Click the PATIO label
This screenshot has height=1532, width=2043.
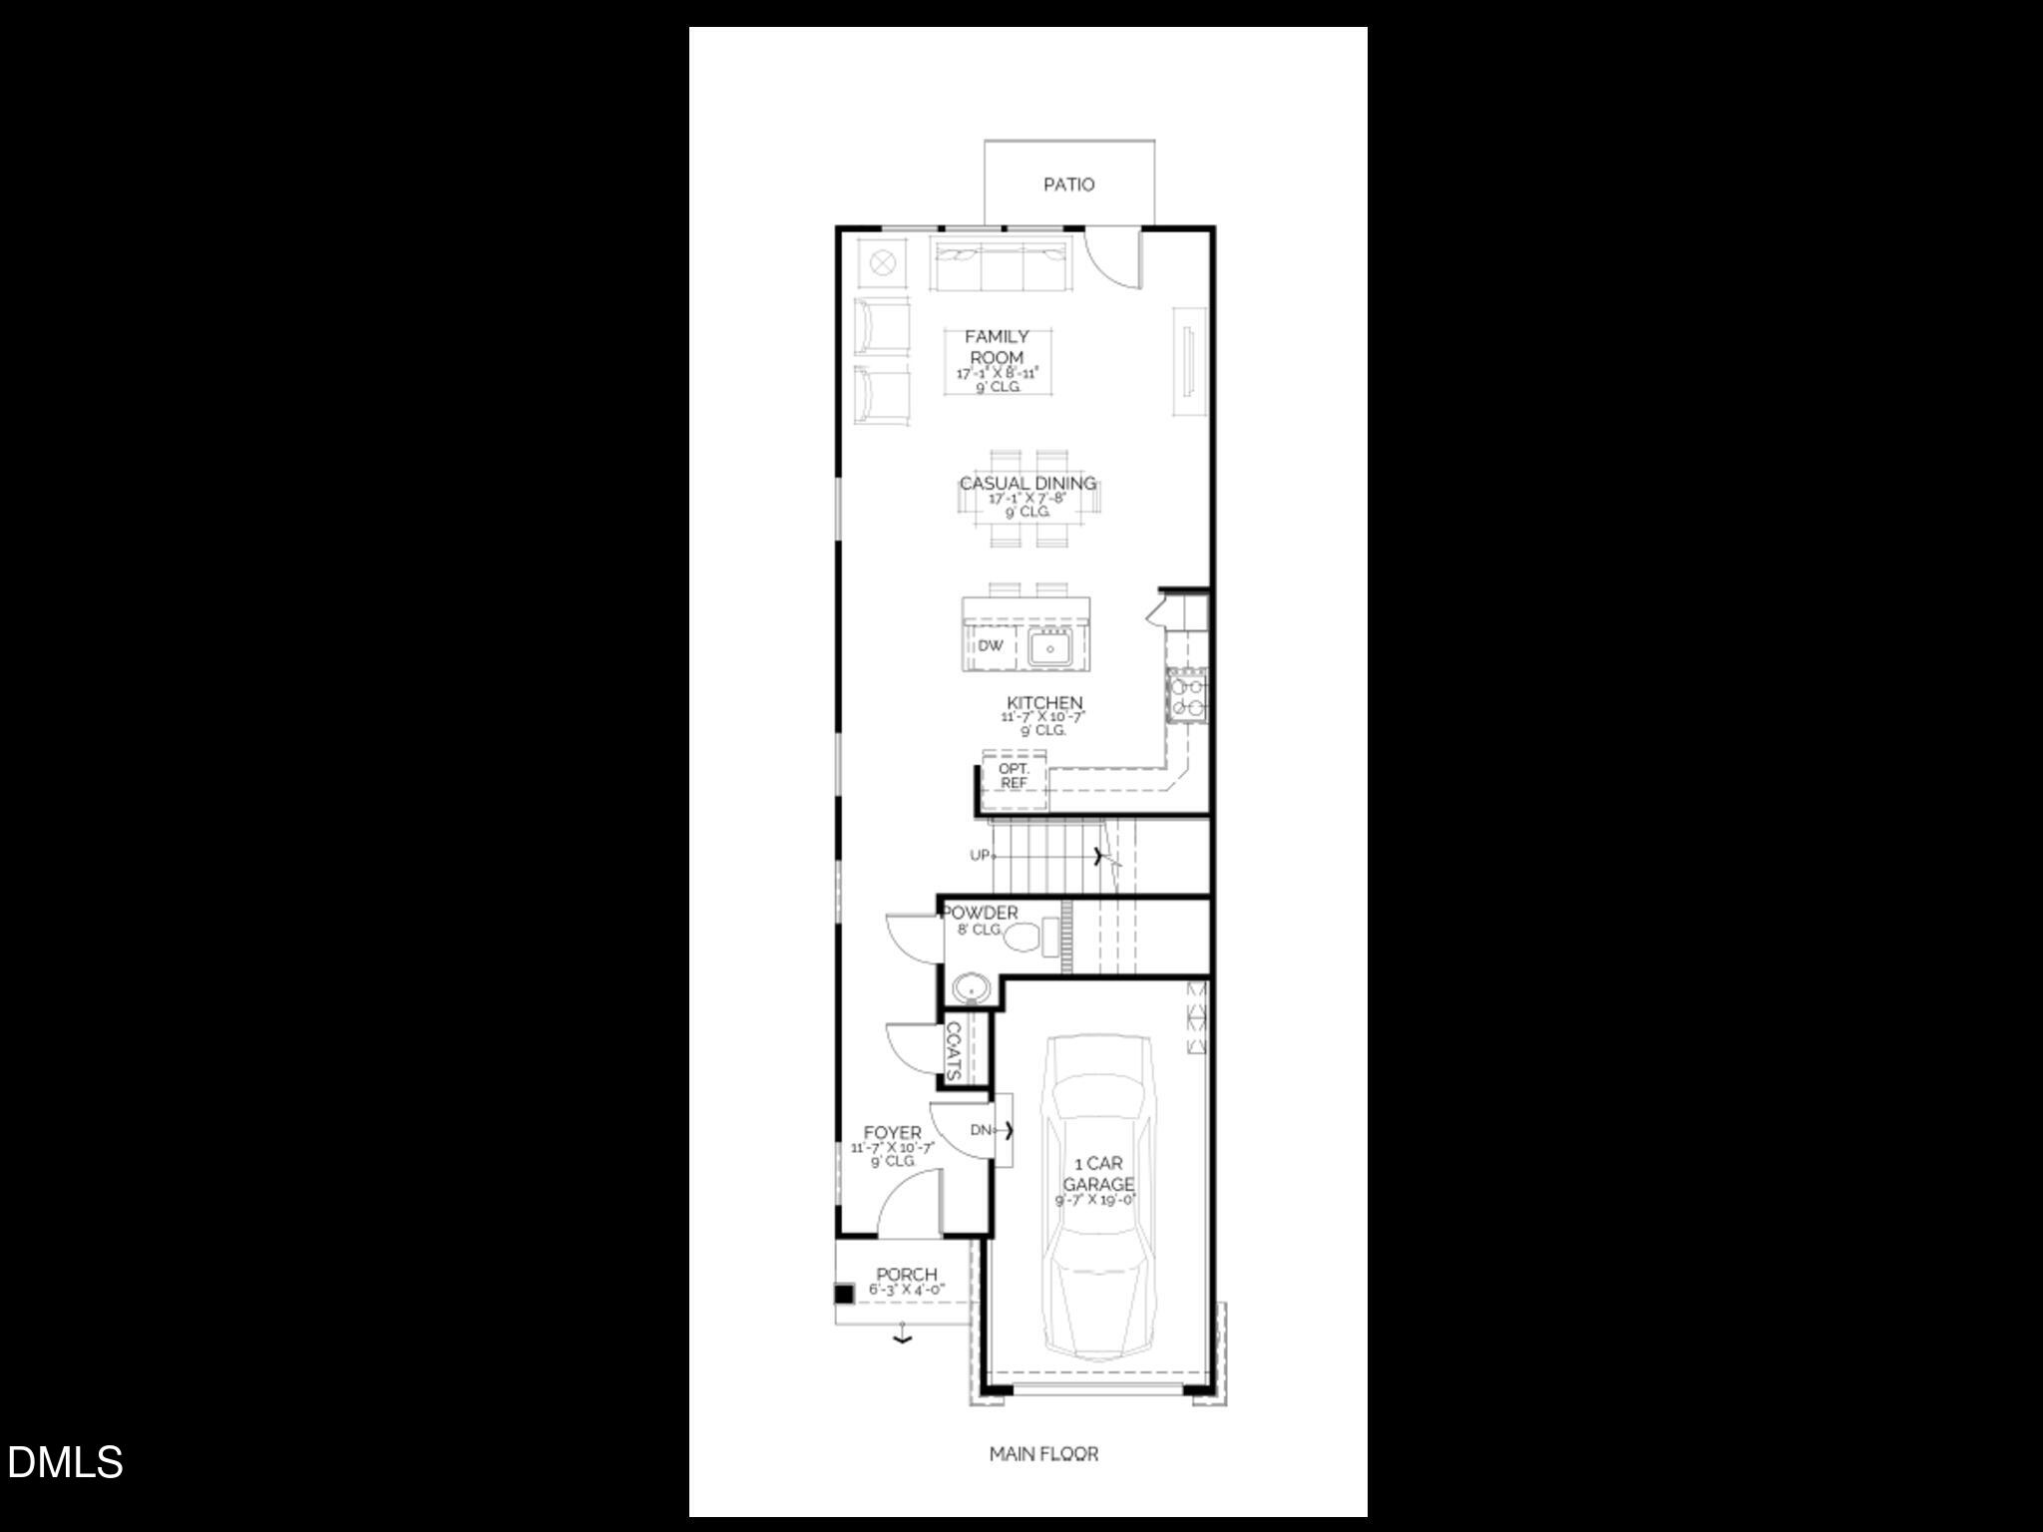(x=1068, y=185)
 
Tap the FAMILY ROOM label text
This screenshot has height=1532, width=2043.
(x=997, y=347)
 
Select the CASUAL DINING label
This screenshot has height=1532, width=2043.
(x=1027, y=484)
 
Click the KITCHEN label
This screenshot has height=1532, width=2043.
(x=1043, y=703)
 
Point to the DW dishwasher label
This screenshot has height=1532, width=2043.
(x=990, y=646)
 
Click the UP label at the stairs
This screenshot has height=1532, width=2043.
(x=980, y=856)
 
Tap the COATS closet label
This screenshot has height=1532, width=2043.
(x=953, y=1050)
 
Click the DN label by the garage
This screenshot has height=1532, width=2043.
(x=981, y=1130)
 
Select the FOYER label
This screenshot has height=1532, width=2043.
(x=892, y=1134)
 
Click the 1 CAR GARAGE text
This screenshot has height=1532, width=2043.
(x=1097, y=1174)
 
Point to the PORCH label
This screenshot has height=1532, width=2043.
(x=906, y=1275)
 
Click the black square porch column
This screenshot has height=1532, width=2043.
(x=844, y=1295)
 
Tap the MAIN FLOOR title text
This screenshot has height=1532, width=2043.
(x=1043, y=1454)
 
